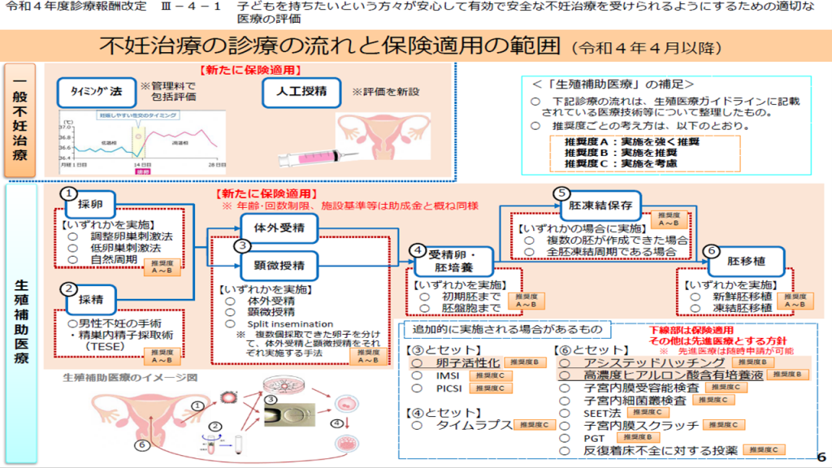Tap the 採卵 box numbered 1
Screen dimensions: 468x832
[90, 204]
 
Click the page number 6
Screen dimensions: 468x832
[820, 456]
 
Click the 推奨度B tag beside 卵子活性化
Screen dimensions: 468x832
[524, 362]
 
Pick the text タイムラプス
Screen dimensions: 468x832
[474, 425]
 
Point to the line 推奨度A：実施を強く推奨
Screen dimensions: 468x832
[631, 141]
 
